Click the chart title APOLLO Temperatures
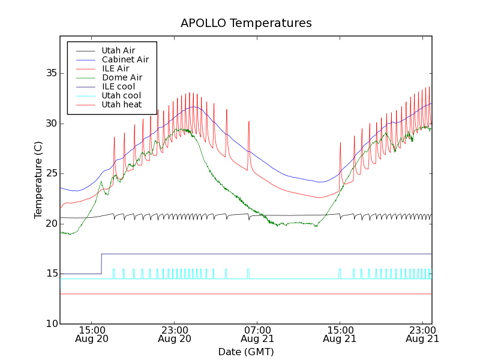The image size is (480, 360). [x=246, y=23]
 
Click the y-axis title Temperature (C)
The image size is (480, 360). [x=38, y=180]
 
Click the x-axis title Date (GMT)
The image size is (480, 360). [x=246, y=352]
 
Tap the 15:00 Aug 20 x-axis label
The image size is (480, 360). [x=91, y=334]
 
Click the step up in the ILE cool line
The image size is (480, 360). [x=101, y=264]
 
